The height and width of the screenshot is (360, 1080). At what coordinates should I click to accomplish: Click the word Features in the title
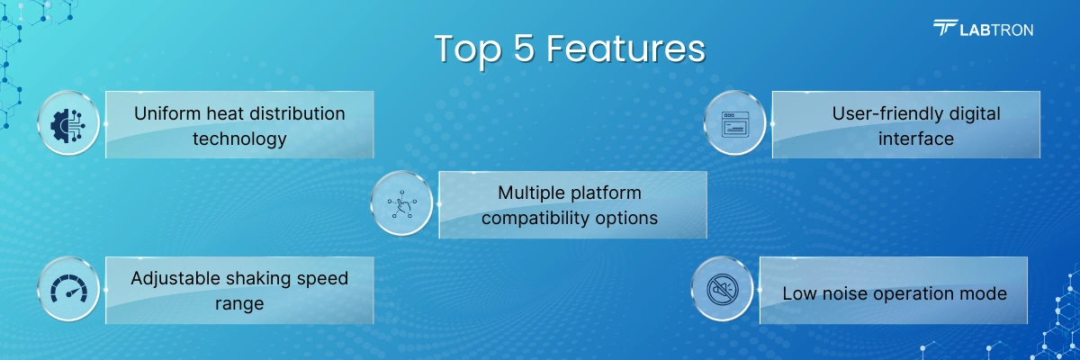[625, 49]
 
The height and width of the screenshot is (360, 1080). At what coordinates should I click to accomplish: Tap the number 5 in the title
[524, 49]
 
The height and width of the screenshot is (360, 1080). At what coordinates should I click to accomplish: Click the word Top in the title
[468, 49]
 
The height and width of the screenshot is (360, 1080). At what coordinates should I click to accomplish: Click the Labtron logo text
[996, 31]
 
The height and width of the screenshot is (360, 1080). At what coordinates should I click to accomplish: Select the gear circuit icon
[68, 125]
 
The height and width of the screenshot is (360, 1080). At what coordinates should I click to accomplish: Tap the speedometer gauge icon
[69, 289]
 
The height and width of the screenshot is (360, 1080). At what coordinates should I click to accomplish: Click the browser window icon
[734, 124]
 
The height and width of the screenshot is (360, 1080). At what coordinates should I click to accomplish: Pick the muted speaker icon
[722, 290]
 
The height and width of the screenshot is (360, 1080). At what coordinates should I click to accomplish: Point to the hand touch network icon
[401, 204]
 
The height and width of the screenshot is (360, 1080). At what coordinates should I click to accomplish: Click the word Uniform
[167, 113]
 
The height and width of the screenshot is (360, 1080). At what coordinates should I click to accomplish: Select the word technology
[239, 139]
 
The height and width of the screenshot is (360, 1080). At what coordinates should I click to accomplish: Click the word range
[239, 304]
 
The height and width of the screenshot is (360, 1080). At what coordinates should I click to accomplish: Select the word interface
[916, 139]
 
